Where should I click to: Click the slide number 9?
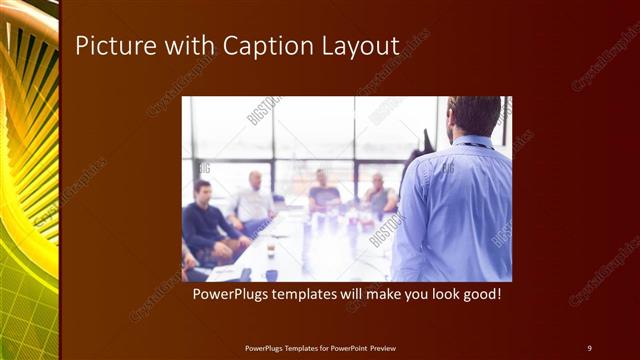(589, 347)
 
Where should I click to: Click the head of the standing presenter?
(474, 116)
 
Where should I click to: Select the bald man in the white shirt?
(254, 200)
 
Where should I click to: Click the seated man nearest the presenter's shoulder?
(377, 195)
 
